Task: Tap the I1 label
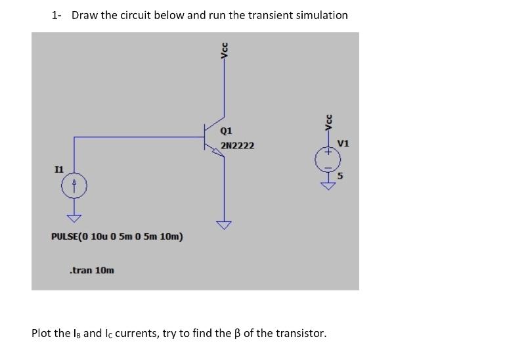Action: tap(59, 169)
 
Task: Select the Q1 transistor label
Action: tap(227, 130)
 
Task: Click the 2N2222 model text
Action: tap(237, 145)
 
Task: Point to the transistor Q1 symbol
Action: tap(213, 138)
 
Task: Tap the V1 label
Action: tap(343, 143)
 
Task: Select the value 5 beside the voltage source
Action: tap(341, 175)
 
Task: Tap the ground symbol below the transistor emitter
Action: tap(225, 226)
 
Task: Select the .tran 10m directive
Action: tap(91, 270)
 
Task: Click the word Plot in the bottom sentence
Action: tap(43, 333)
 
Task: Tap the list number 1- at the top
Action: tap(56, 15)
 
